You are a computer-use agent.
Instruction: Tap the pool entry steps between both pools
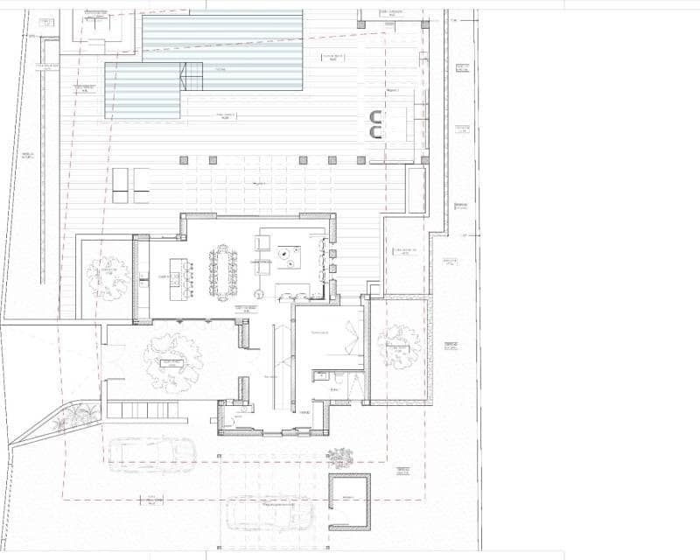(192, 76)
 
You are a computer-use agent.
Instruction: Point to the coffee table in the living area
(287, 255)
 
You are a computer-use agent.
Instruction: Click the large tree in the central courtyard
(171, 359)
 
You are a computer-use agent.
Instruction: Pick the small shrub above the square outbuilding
(340, 458)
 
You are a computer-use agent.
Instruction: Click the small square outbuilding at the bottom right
(349, 502)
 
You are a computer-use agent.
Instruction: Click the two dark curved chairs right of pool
(376, 125)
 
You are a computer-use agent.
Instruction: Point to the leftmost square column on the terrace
(184, 160)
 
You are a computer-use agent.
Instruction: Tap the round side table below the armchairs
(259, 294)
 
